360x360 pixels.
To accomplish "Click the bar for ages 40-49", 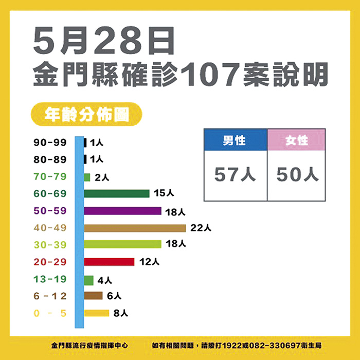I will [x=135, y=228].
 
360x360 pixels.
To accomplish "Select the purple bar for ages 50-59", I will [x=122, y=211].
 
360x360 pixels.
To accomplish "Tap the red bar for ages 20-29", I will [x=109, y=261].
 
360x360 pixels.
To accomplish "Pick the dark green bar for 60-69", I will [x=117, y=193].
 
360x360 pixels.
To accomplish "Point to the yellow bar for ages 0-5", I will [x=97, y=313].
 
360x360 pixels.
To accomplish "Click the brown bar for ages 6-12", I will [x=93, y=296].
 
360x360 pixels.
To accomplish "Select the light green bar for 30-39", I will [x=122, y=244].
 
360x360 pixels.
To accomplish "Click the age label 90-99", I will [x=50, y=142].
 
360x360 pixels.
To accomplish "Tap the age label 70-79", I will [x=50, y=176].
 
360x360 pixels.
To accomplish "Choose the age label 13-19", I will [x=50, y=278].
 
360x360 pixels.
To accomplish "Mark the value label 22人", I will [x=201, y=227].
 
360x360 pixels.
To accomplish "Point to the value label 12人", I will [x=149, y=261].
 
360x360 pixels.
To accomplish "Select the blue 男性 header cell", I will [x=235, y=140].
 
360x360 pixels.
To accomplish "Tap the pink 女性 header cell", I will [x=297, y=140].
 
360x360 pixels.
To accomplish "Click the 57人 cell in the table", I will [x=235, y=175].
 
